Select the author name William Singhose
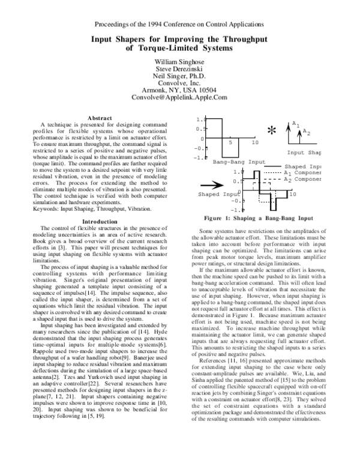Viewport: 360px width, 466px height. click(180, 62)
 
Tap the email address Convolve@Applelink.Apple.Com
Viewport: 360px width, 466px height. click(180, 96)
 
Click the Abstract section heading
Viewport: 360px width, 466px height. click(100, 117)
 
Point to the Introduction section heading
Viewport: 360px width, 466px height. click(100, 222)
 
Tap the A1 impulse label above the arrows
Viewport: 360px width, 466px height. click(295, 124)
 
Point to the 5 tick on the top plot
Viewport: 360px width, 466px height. click(230, 142)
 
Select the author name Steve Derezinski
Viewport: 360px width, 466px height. click(180, 70)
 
